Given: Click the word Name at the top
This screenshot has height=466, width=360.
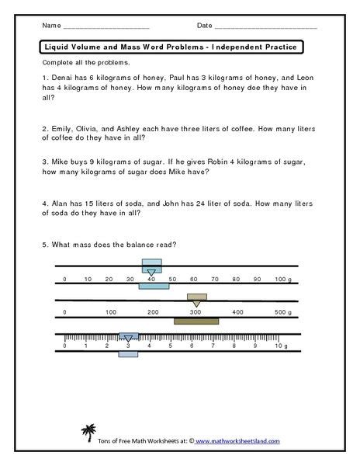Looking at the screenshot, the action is click(x=48, y=26).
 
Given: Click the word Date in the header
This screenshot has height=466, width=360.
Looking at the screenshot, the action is click(x=204, y=26).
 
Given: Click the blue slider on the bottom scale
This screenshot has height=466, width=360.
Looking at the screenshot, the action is click(x=128, y=338).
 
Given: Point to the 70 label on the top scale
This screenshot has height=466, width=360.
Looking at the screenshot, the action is click(x=216, y=278).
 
